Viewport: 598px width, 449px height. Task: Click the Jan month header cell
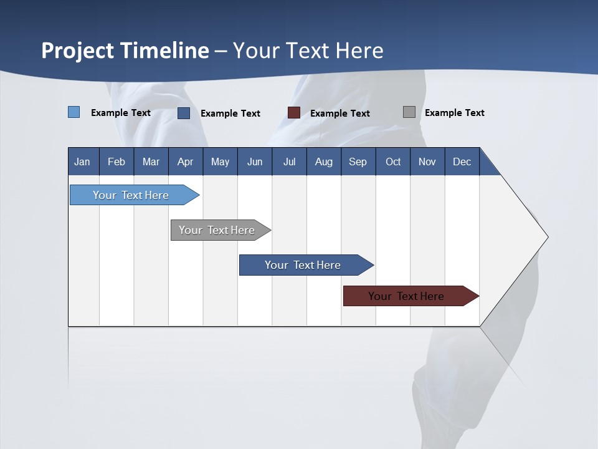pyautogui.click(x=83, y=162)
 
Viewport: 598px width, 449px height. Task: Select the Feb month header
pyautogui.click(x=116, y=162)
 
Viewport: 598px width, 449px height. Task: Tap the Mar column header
pyautogui.click(x=151, y=162)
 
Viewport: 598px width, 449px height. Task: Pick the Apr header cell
pyautogui.click(x=186, y=162)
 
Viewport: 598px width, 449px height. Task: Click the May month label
pyautogui.click(x=220, y=162)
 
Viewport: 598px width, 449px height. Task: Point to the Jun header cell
pyautogui.click(x=255, y=162)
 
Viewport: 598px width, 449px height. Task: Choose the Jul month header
pyautogui.click(x=289, y=162)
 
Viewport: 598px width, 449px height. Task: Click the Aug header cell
pyautogui.click(x=324, y=162)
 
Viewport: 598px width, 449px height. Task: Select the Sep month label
pyautogui.click(x=358, y=162)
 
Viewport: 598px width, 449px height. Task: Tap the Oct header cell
pyautogui.click(x=393, y=162)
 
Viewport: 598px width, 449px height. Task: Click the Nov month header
pyautogui.click(x=427, y=162)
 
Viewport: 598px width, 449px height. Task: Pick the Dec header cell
pyautogui.click(x=462, y=162)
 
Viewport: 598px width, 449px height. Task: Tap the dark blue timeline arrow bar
pyautogui.click(x=303, y=265)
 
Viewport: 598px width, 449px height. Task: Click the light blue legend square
pyautogui.click(x=74, y=112)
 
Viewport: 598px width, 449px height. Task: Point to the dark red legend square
pyautogui.click(x=294, y=112)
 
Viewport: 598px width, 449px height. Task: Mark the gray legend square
pyautogui.click(x=409, y=112)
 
